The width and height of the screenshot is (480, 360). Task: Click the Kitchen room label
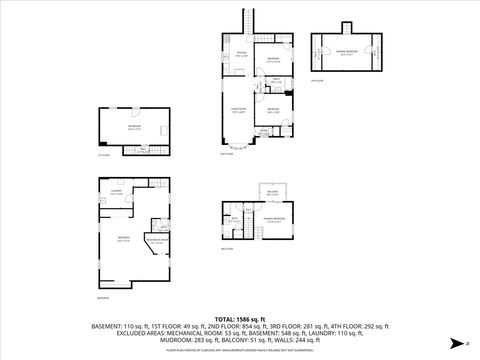point(240,54)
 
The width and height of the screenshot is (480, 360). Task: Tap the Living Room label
point(238,111)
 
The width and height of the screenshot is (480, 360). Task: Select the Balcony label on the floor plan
point(272,193)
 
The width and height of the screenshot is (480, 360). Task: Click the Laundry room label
point(116,192)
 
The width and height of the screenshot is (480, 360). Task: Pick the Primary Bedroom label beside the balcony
point(272,219)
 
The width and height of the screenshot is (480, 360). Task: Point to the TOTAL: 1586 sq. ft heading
point(240,318)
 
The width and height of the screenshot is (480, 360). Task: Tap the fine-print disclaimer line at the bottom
point(240,351)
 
